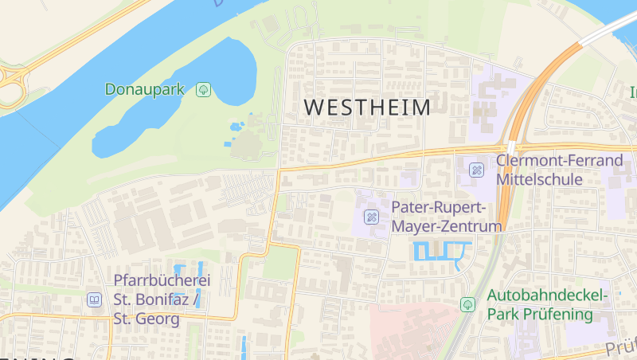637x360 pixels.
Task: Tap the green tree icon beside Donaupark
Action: click(x=204, y=89)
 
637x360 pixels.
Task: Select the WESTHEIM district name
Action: click(x=367, y=108)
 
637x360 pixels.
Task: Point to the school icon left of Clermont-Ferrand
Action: click(x=476, y=170)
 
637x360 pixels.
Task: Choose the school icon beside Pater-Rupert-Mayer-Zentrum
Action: click(x=372, y=217)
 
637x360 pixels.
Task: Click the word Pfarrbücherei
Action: click(x=162, y=281)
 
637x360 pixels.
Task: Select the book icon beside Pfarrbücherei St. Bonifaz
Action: click(x=94, y=300)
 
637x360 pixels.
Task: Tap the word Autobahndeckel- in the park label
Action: click(x=547, y=296)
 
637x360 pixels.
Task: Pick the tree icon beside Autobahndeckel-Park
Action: click(x=467, y=305)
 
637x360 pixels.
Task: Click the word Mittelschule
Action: click(x=539, y=180)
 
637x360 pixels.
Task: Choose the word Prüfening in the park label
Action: click(x=557, y=315)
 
